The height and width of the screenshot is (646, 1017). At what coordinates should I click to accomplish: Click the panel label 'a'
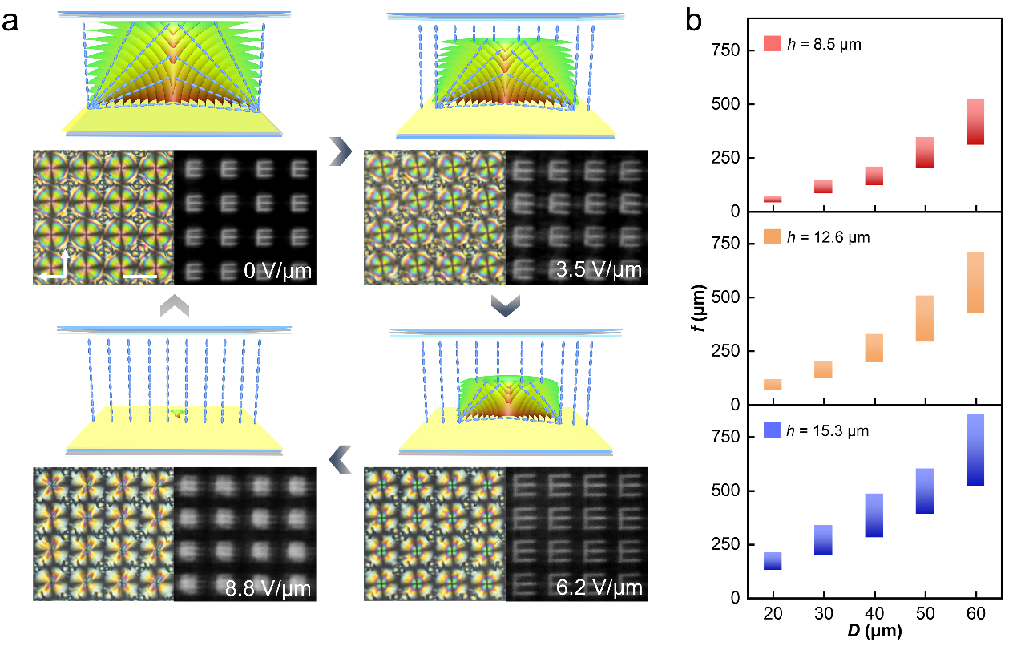(11, 22)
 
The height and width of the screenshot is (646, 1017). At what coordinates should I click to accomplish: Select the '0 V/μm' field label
(277, 270)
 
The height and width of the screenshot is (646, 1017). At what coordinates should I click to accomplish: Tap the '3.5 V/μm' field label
(599, 270)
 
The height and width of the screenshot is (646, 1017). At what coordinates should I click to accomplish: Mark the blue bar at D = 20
(773, 561)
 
